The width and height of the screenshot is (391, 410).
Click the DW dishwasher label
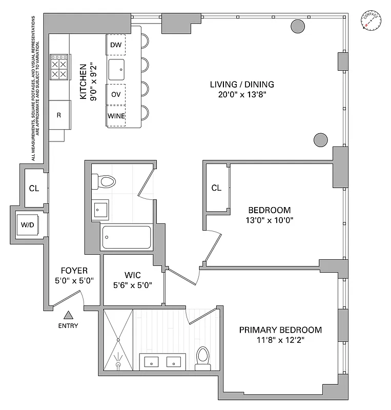click(116, 46)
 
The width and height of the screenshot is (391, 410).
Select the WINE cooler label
click(116, 116)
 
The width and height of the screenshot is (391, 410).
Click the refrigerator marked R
click(59, 115)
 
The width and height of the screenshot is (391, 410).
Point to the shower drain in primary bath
click(118, 364)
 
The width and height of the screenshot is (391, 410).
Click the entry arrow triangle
click(68, 315)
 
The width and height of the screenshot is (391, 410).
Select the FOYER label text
click(74, 271)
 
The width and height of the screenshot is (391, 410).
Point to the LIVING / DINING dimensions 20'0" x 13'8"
click(242, 94)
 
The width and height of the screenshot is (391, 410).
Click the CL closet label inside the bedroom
click(216, 188)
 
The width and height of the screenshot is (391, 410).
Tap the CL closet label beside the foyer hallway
click(33, 188)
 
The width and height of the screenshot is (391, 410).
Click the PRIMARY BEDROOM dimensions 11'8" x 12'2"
click(280, 339)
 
